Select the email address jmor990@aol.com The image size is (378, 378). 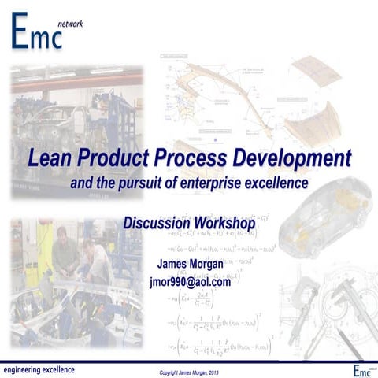(x=190, y=281)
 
